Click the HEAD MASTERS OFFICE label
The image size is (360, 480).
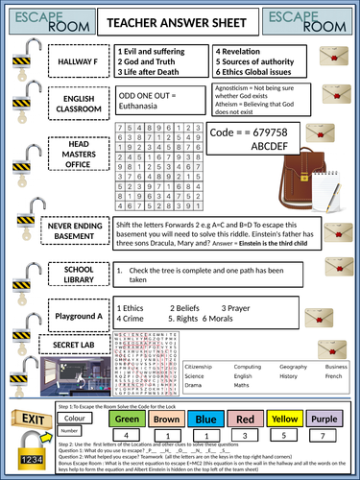pos(77,156)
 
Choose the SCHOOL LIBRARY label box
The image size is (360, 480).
pos(77,274)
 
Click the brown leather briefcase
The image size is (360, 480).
pos(293,166)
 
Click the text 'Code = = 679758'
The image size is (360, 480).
pos(231,132)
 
